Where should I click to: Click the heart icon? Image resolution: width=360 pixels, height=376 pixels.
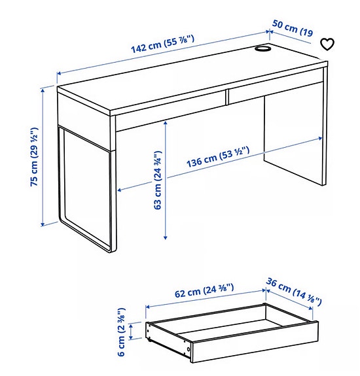click(x=327, y=44)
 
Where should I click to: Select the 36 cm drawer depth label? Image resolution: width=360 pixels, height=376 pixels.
click(x=294, y=292)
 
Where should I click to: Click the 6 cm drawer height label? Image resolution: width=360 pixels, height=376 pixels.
click(x=122, y=332)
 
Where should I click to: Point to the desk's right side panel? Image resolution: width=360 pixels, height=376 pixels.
click(x=295, y=141)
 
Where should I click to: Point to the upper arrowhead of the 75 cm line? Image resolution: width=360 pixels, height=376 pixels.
click(x=43, y=88)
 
